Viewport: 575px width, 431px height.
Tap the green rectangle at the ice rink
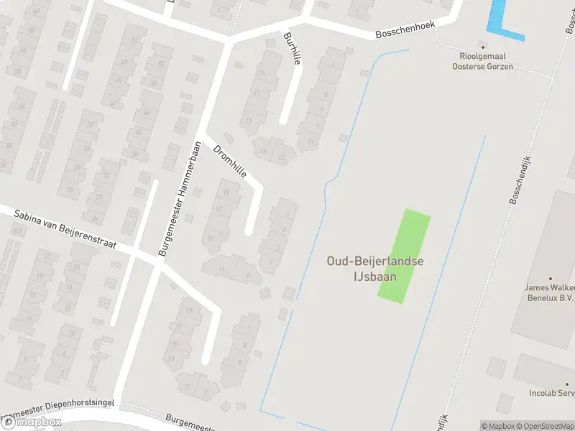tap(405, 256)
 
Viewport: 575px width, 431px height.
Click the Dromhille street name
tap(230, 162)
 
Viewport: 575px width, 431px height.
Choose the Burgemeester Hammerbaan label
tap(178, 199)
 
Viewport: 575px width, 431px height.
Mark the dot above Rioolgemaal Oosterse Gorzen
tap(482, 45)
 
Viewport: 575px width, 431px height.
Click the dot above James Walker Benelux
tap(551, 278)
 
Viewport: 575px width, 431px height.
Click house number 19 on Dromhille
tap(227, 193)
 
